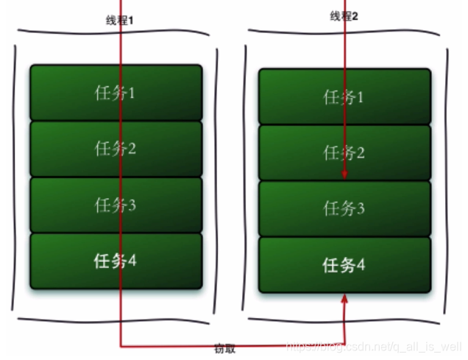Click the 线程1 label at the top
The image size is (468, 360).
tap(118, 20)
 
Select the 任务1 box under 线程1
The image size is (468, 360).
tap(116, 93)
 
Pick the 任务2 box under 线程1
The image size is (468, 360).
tap(116, 149)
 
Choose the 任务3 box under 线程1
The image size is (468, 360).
tap(116, 205)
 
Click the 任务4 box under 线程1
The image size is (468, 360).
tap(116, 261)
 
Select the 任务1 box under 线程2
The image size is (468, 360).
tap(344, 96)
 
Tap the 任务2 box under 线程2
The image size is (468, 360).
tap(344, 152)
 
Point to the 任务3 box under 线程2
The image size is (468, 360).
tap(344, 208)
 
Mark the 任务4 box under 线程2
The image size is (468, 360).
tap(344, 265)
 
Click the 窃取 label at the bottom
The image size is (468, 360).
tap(226, 350)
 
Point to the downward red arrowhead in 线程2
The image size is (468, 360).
tap(344, 174)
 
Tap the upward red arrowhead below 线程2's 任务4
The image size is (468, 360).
tap(344, 299)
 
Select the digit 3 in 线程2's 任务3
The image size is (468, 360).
tap(361, 208)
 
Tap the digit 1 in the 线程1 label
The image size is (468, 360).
tap(130, 20)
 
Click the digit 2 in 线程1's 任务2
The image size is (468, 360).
tap(132, 149)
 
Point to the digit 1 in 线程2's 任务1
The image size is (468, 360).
tap(361, 96)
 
